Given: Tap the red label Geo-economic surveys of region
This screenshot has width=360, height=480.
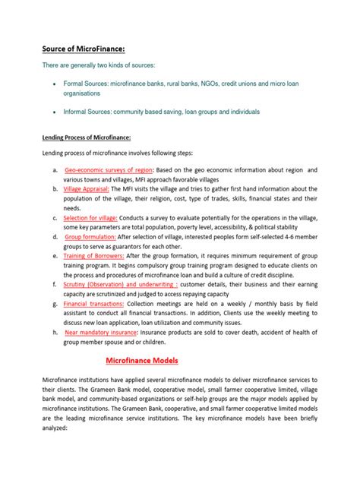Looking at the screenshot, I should (109, 169).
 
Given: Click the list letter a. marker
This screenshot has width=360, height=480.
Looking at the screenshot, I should (55, 169).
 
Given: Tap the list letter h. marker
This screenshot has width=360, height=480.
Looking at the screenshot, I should (55, 331).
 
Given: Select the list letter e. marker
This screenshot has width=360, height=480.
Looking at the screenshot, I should (55, 255).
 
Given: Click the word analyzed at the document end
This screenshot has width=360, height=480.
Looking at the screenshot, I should (56, 428).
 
